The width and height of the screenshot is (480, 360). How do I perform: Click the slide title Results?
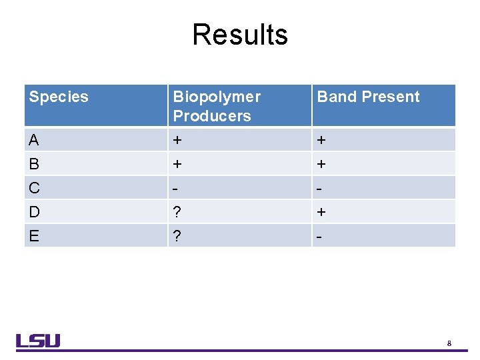click(x=240, y=35)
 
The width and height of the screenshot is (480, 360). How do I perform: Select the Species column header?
click(x=59, y=97)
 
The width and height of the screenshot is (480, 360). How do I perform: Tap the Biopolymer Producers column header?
click(x=217, y=106)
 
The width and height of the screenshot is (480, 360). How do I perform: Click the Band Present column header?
click(x=368, y=97)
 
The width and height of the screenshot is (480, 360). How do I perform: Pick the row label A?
click(x=34, y=140)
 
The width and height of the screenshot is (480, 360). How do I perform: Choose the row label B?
click(x=34, y=164)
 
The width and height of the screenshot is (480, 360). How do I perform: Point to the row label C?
click(x=35, y=188)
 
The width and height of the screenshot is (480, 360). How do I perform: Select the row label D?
click(x=35, y=212)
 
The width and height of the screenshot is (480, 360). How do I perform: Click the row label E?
click(x=34, y=236)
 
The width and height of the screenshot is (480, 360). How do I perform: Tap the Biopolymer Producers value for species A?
click(x=177, y=141)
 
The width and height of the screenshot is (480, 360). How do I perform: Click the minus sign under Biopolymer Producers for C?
click(x=176, y=189)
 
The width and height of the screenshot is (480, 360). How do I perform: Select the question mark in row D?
click(x=177, y=212)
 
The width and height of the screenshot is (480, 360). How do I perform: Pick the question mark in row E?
click(x=177, y=236)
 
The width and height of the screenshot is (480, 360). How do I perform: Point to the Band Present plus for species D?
click(x=321, y=213)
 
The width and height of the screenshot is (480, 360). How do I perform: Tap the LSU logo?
click(x=38, y=341)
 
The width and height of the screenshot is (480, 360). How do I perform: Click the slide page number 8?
click(x=449, y=343)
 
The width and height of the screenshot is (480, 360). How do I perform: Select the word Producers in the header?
click(x=212, y=116)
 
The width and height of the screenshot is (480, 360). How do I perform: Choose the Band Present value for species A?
click(x=321, y=141)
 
